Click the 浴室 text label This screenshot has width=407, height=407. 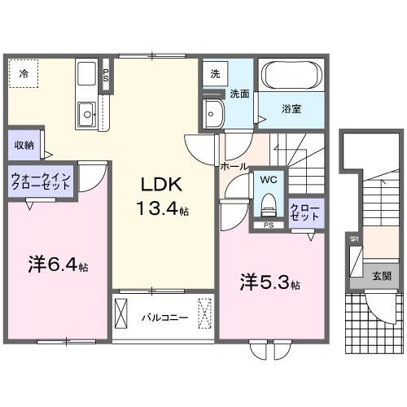point(291,108)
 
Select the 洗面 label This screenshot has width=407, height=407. point(239,94)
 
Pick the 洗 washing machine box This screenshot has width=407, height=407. point(215,73)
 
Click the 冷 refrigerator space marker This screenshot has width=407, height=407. point(24,74)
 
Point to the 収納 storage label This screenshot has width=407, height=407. point(24,146)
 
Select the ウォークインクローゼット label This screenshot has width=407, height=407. point(41,179)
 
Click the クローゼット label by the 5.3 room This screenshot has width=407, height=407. point(305,213)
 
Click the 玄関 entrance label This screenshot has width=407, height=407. point(381,276)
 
